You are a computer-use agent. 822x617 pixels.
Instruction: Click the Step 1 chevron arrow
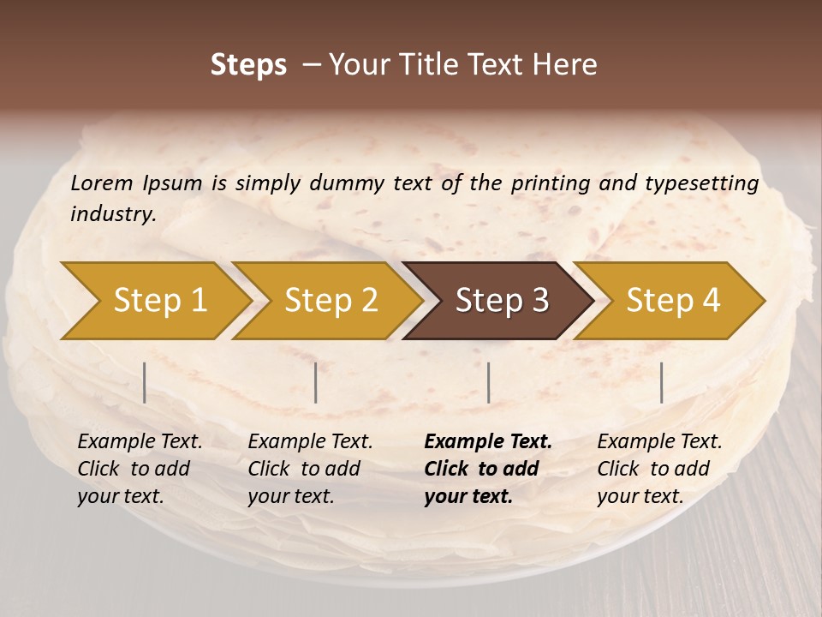pos(158,301)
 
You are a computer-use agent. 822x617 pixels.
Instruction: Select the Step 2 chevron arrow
pos(330,301)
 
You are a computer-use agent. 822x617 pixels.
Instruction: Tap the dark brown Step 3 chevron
pos(501,301)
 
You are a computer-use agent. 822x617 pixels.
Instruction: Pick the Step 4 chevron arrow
pos(672,301)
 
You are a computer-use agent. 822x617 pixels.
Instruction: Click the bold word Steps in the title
pos(248,65)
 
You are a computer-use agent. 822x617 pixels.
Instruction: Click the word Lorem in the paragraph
pos(102,183)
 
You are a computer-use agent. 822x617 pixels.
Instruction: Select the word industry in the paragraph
pos(113,213)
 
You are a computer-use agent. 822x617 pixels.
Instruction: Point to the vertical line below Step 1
pos(145,382)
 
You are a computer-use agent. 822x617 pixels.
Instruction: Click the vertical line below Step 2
pos(316,382)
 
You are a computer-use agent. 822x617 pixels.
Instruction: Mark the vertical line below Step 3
pos(488,382)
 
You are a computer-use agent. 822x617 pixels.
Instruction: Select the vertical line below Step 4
pos(661,382)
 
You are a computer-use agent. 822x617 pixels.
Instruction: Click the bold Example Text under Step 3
pos(488,442)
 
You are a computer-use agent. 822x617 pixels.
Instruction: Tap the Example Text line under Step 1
pos(140,442)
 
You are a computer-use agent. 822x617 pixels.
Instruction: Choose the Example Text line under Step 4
pos(659,442)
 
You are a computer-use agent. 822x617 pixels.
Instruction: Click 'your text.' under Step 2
pos(291,496)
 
